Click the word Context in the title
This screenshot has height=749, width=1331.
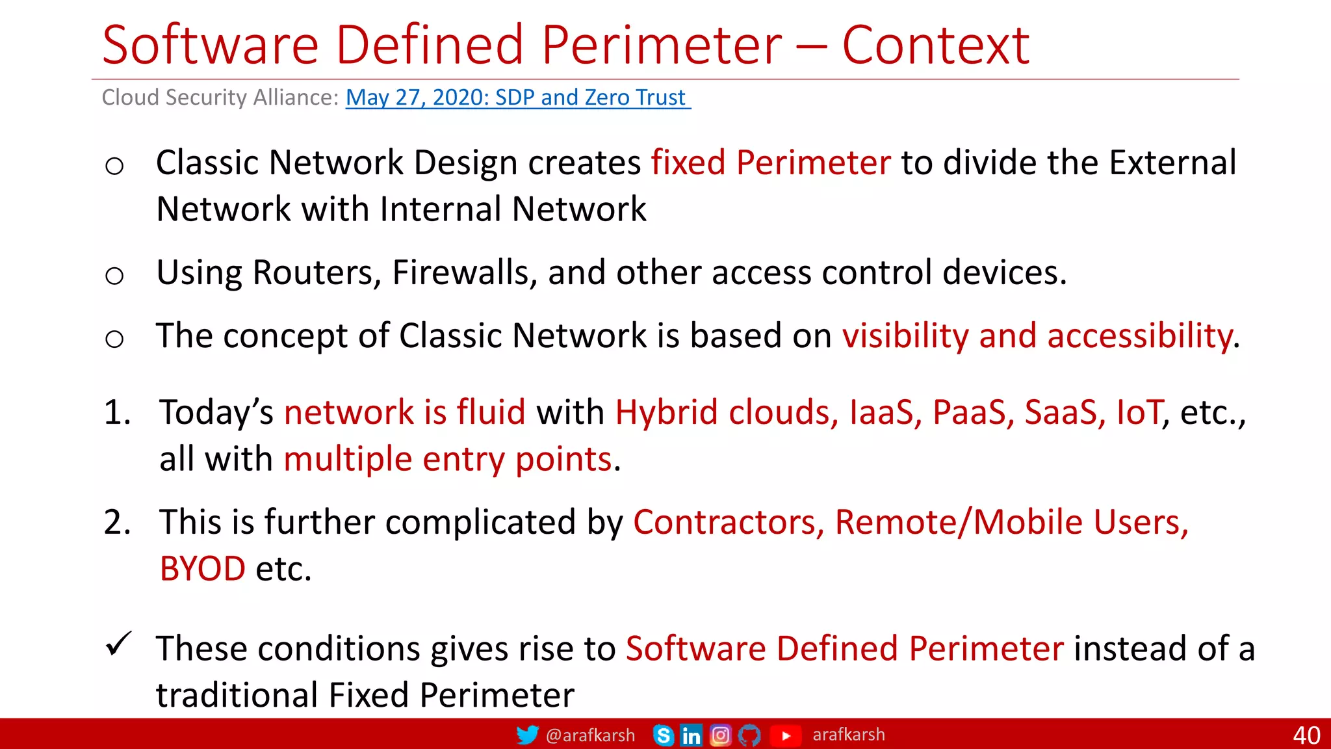[935, 46]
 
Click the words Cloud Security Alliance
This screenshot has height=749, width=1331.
[220, 98]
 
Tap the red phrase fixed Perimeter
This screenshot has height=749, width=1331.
[771, 163]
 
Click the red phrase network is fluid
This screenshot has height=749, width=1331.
[404, 412]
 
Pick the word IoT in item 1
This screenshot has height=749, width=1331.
[1139, 412]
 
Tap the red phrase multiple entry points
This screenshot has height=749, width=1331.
[448, 459]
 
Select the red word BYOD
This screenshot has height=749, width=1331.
[203, 569]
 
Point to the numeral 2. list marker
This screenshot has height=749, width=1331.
[117, 522]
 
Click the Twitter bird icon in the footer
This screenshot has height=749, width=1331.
[527, 735]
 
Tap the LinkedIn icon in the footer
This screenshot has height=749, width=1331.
[691, 735]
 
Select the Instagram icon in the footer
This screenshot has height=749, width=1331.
[720, 735]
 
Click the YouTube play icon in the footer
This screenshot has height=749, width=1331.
[785, 735]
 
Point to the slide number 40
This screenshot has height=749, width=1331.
[1306, 735]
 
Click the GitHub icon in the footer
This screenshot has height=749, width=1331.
[749, 735]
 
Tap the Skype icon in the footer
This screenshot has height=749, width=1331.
[663, 735]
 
